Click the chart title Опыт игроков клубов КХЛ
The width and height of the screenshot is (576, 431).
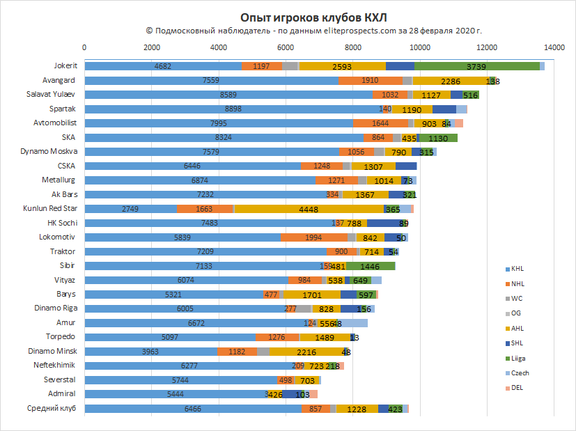click(287, 17)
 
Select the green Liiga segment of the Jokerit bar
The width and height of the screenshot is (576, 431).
click(477, 66)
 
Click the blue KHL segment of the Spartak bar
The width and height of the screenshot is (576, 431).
click(233, 109)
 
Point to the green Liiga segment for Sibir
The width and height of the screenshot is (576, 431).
click(371, 266)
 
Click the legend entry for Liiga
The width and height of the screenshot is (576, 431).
click(517, 358)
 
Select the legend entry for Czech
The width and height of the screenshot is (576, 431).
click(518, 373)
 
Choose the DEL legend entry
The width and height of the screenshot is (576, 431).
click(516, 387)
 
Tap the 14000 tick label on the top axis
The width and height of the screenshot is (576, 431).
click(554, 47)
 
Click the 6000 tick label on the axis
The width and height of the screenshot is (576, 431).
click(286, 47)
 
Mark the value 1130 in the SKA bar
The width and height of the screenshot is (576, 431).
click(438, 138)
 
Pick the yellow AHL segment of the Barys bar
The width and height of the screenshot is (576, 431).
click(312, 295)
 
